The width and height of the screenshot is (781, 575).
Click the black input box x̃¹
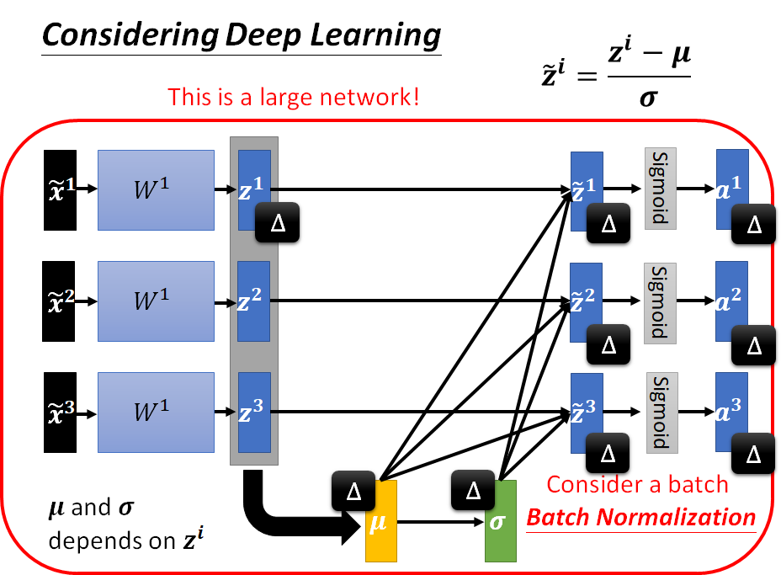pyautogui.click(x=59, y=189)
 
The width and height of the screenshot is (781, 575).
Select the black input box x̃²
pyautogui.click(x=59, y=301)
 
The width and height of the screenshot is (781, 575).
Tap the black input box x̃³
pyautogui.click(x=59, y=412)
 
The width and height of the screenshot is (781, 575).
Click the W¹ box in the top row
pyautogui.click(x=156, y=190)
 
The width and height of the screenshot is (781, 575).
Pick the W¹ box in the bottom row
pyautogui.click(x=156, y=412)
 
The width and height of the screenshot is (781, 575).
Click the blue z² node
pyautogui.click(x=253, y=301)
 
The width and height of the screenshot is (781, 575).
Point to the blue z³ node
pyautogui.click(x=253, y=412)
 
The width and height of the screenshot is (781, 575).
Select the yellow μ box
pyautogui.click(x=380, y=521)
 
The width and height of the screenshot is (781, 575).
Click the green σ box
pyautogui.click(x=500, y=521)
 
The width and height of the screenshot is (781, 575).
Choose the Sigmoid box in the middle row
pyautogui.click(x=661, y=302)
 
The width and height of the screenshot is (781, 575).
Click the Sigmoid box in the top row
pyautogui.click(x=661, y=188)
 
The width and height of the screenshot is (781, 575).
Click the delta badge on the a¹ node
pyautogui.click(x=754, y=225)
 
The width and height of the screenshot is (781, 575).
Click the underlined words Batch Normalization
pyautogui.click(x=640, y=516)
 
